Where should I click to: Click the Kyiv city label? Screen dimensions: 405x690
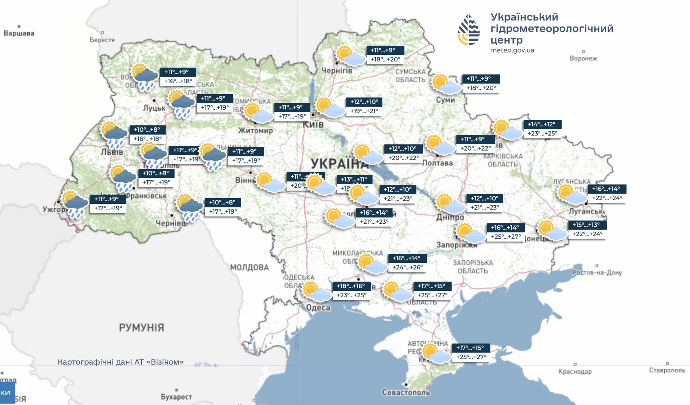(x=313, y=124)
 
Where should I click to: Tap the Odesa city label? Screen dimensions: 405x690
(x=318, y=308)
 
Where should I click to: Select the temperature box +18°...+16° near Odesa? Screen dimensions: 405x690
(x=351, y=290)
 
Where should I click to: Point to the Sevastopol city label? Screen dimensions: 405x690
(x=406, y=392)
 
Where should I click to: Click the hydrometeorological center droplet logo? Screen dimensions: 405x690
(x=469, y=30)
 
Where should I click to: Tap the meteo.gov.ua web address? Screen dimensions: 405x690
(x=512, y=50)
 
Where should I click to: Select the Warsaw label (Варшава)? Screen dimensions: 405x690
(x=19, y=33)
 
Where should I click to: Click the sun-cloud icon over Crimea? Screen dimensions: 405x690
(x=436, y=354)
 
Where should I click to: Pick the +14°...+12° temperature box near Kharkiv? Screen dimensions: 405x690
(x=542, y=129)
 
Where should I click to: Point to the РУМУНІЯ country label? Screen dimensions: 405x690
(x=141, y=327)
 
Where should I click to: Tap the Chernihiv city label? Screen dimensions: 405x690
(x=336, y=71)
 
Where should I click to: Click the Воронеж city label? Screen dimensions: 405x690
(x=583, y=58)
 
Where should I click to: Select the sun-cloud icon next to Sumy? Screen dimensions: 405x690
(x=446, y=84)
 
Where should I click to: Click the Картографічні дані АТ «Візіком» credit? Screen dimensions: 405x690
(x=120, y=362)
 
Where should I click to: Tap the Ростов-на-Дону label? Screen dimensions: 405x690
(x=597, y=272)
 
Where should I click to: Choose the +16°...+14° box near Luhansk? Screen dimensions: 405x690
(x=607, y=193)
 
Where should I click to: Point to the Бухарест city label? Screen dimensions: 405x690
(x=176, y=397)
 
